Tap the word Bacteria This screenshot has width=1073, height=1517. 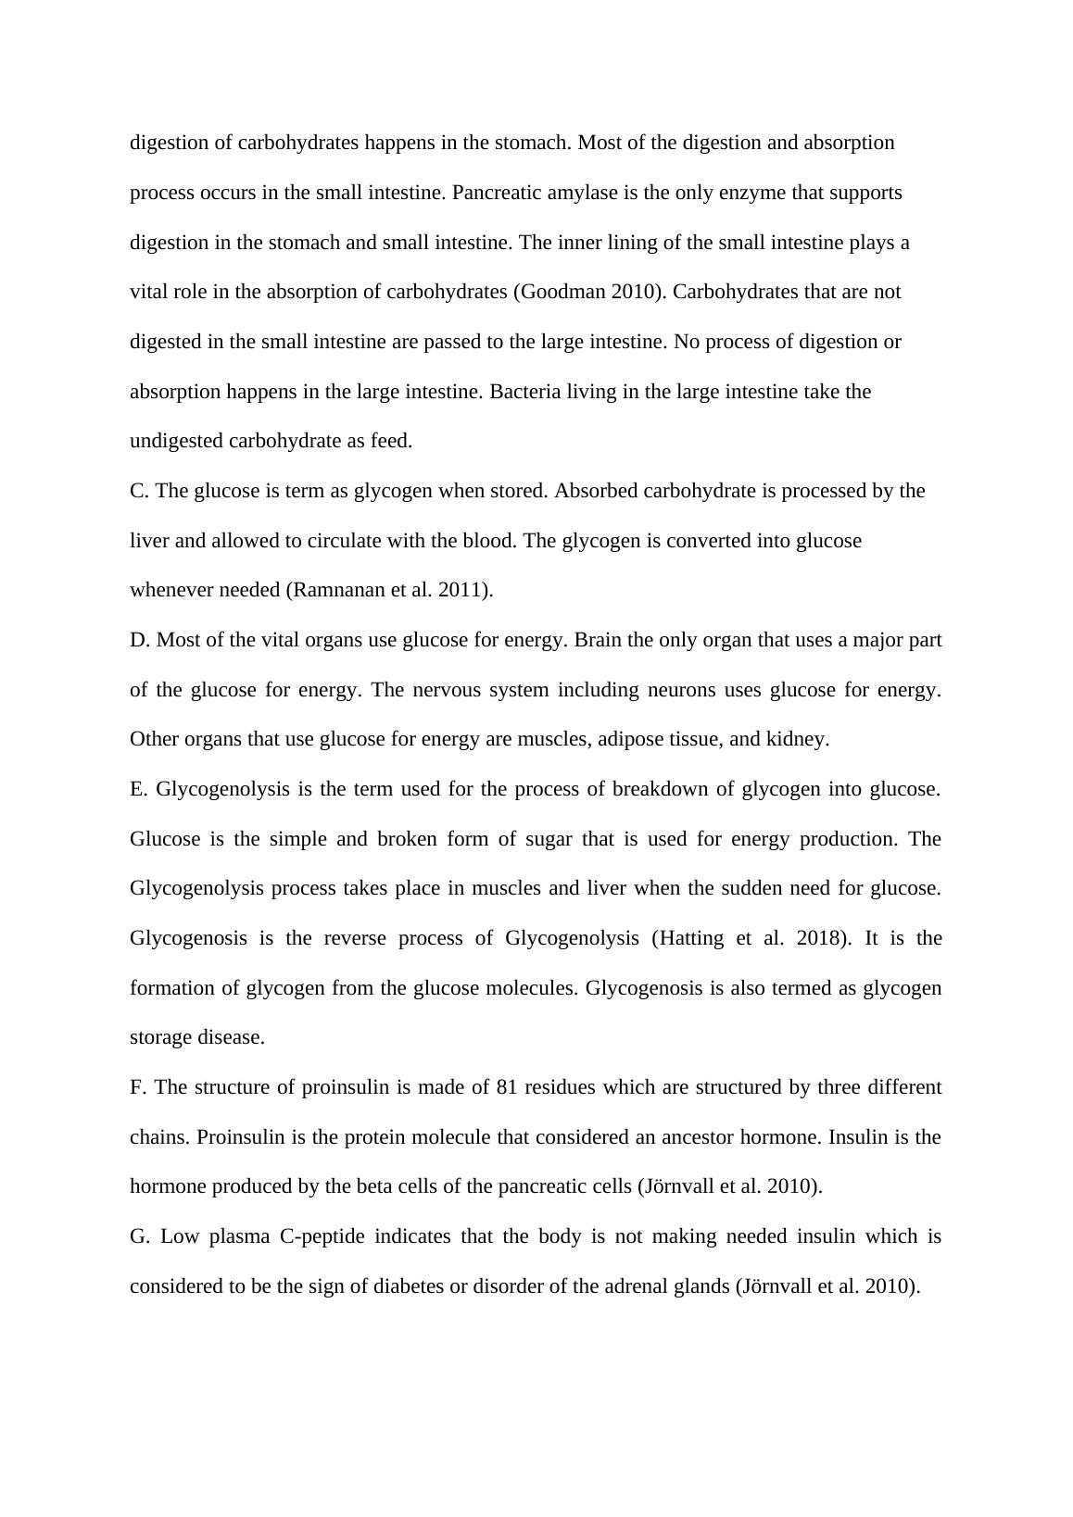pos(525,392)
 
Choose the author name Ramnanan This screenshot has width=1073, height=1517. pos(337,590)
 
